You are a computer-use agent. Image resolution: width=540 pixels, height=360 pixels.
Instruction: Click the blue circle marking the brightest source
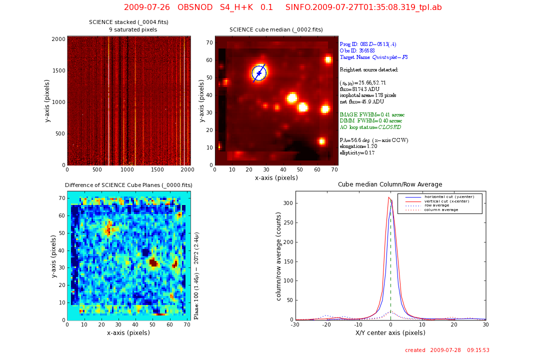pos(259,73)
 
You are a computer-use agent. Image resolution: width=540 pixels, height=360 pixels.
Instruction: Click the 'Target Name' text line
pos(373,57)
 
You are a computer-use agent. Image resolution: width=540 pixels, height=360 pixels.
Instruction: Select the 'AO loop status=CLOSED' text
pos(370,127)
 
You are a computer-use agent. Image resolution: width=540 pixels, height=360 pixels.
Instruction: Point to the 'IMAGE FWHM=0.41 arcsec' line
pos(372,114)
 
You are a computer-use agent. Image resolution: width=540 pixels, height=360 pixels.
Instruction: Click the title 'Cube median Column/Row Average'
pos(390,184)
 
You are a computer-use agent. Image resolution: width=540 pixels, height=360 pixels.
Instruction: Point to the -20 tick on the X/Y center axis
pos(327,324)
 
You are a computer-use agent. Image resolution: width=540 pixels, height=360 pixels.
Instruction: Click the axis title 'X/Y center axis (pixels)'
pos(390,332)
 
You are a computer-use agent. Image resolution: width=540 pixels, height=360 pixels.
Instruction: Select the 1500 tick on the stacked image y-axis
pos(58,71)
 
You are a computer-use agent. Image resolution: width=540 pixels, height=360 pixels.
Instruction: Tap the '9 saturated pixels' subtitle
pos(133,30)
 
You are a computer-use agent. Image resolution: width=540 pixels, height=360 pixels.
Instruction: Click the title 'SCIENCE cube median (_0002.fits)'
pos(276,30)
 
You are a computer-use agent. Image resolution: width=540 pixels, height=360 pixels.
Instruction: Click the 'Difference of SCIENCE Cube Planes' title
pos(128,185)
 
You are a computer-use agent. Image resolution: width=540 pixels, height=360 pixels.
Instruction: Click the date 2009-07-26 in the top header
pos(147,7)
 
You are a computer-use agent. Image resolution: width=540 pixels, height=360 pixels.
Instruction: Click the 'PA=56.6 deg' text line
pos(373,140)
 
